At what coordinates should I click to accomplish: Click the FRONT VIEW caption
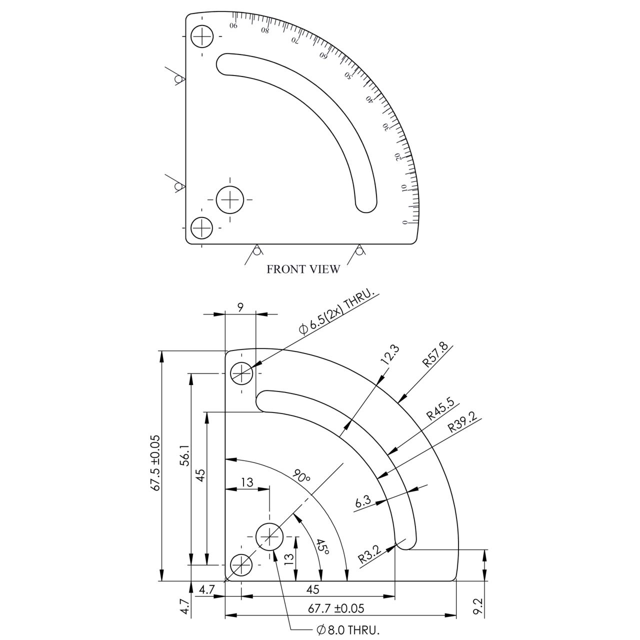[303, 269]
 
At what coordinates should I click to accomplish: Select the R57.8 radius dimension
[434, 355]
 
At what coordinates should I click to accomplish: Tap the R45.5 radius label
[440, 409]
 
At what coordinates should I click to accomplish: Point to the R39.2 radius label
[462, 422]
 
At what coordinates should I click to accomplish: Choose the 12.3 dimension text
[391, 355]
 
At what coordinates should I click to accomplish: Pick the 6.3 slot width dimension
[362, 501]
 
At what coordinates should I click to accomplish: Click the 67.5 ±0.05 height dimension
[155, 463]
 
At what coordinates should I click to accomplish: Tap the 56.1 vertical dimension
[185, 455]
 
